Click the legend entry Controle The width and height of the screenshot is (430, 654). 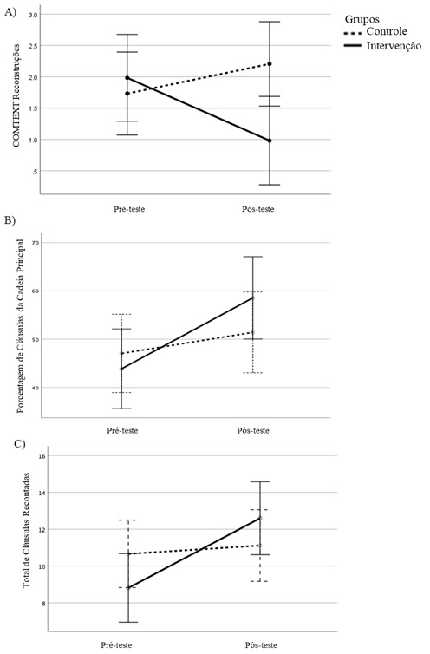pos(387,32)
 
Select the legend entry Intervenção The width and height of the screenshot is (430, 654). pos(394,46)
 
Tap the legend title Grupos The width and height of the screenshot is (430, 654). pos(362,19)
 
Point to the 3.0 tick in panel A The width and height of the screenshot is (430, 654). pos(33,15)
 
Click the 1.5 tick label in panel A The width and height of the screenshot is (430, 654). pos(33,108)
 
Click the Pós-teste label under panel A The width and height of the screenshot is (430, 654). pos(258,209)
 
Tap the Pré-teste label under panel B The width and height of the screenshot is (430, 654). pos(122,430)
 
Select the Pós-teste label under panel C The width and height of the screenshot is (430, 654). pos(261,645)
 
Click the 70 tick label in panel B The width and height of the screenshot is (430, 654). pos(35,243)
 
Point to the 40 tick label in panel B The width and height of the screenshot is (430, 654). pos(35,388)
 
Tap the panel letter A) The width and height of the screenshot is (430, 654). pos(10,12)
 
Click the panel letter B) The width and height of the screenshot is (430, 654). pos(10,221)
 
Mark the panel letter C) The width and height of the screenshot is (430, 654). pos(20,444)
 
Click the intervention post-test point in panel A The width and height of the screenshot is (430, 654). pos(270,141)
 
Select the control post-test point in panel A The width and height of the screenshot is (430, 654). pos(270,64)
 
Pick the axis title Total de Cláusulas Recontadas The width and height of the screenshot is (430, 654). pos(27,530)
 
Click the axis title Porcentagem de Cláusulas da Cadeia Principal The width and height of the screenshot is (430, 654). pos(21,326)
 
